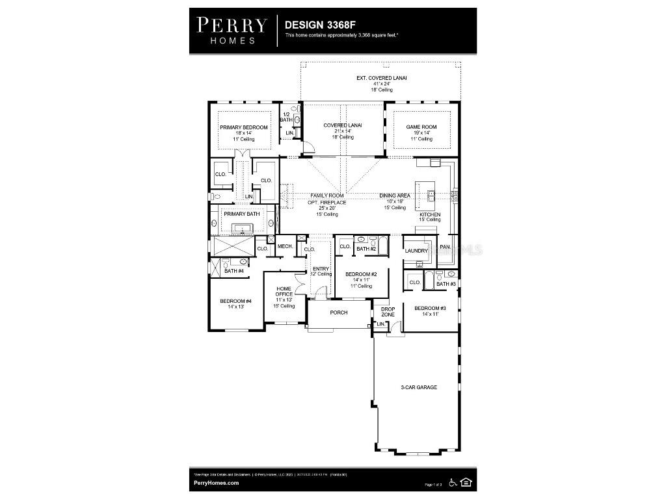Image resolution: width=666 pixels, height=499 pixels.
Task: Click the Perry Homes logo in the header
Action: pos(232,30)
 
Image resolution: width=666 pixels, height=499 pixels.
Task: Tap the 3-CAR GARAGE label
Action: pos(418,387)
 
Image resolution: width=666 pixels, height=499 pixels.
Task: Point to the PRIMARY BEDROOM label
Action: pos(243,127)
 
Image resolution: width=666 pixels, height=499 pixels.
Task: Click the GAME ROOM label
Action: pos(421,127)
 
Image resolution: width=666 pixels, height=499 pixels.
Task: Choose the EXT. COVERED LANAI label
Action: pos(381,78)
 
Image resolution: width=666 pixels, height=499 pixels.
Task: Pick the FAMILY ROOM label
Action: pos(327,196)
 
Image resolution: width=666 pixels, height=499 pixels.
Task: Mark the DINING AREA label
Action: pos(393,196)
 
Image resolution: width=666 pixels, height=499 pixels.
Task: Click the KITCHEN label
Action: pos(429,214)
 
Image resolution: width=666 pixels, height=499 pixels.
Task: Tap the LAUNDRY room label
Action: pos(416,251)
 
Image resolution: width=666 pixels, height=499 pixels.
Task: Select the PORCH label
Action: pos(338,313)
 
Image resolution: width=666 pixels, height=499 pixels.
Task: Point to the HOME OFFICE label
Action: pos(284,292)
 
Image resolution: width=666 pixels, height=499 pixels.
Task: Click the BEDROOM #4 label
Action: pos(235,301)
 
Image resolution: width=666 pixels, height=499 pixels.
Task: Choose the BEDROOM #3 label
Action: pos(430,308)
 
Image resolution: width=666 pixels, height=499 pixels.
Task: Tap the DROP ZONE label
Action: pos(388,312)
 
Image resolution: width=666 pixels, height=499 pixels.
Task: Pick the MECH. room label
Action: pos(285,246)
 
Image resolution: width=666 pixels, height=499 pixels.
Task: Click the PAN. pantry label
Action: pos(445,247)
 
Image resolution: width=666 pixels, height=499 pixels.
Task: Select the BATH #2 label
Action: pos(366,249)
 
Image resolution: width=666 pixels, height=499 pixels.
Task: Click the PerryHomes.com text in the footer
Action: pos(217,483)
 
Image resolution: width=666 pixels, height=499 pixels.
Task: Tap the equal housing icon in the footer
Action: pos(466,482)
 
